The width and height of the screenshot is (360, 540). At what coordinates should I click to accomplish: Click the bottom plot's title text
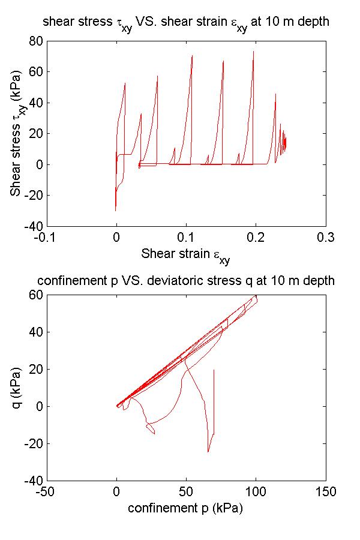[x=186, y=281]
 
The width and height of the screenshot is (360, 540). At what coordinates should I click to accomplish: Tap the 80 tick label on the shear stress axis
[x=35, y=41]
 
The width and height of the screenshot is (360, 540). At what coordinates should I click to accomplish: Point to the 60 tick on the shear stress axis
[x=35, y=72]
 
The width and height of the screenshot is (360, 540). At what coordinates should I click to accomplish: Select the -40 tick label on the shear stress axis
[x=32, y=226]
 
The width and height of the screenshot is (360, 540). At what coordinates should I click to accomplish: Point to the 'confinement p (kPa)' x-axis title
[x=185, y=508]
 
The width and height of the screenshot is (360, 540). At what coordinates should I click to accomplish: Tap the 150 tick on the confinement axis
[x=326, y=491]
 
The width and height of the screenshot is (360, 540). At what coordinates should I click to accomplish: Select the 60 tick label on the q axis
[x=35, y=295]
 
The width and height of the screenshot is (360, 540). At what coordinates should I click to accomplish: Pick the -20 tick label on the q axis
[x=32, y=443]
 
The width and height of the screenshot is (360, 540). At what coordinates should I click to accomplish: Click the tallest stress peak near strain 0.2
[x=253, y=51]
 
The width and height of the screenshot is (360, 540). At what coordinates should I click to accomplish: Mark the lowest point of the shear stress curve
[x=116, y=211]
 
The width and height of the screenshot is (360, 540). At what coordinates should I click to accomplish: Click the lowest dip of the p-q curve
[x=208, y=452]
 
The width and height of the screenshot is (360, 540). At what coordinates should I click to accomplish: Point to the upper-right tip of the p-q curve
[x=256, y=295]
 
